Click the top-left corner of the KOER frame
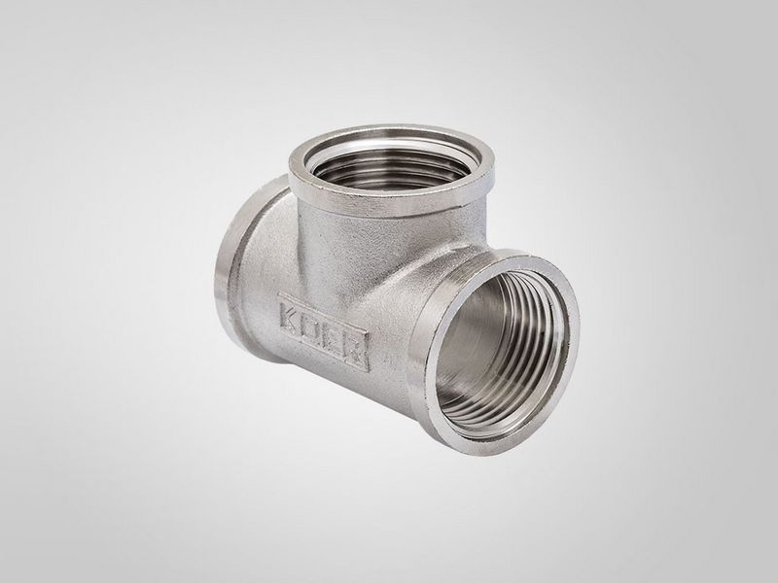pos(279,293)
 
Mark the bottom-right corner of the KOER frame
pos(370,371)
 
